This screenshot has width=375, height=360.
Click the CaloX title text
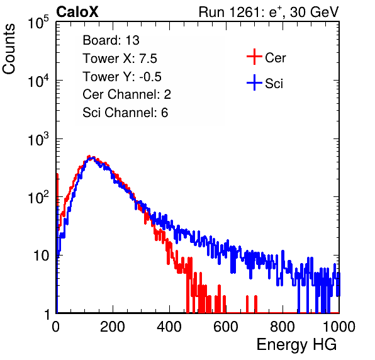tap(77, 12)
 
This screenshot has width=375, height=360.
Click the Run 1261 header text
tap(269, 12)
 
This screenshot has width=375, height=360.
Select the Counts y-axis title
tap(9, 49)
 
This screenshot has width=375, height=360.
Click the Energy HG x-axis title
tap(296, 345)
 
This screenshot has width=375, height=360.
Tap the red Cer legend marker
tap(254, 57)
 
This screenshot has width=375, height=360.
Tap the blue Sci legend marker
tap(254, 82)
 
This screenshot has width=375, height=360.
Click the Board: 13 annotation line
tap(111, 40)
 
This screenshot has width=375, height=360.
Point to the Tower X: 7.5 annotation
tap(120, 59)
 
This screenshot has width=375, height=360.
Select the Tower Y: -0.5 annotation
tap(122, 77)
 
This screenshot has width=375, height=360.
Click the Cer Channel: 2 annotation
tap(126, 94)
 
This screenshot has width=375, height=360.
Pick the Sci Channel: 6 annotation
tap(125, 113)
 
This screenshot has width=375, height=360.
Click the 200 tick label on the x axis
tap(113, 327)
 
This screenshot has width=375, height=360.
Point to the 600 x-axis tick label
tap(226, 327)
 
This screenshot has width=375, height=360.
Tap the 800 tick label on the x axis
tap(283, 327)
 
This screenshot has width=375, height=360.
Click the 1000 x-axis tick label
tap(339, 327)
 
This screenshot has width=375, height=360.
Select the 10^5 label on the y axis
tap(38, 23)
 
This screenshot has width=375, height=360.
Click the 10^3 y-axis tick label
tap(38, 140)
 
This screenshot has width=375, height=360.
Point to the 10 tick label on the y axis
tap(42, 256)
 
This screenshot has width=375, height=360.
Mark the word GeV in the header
tap(323, 12)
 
